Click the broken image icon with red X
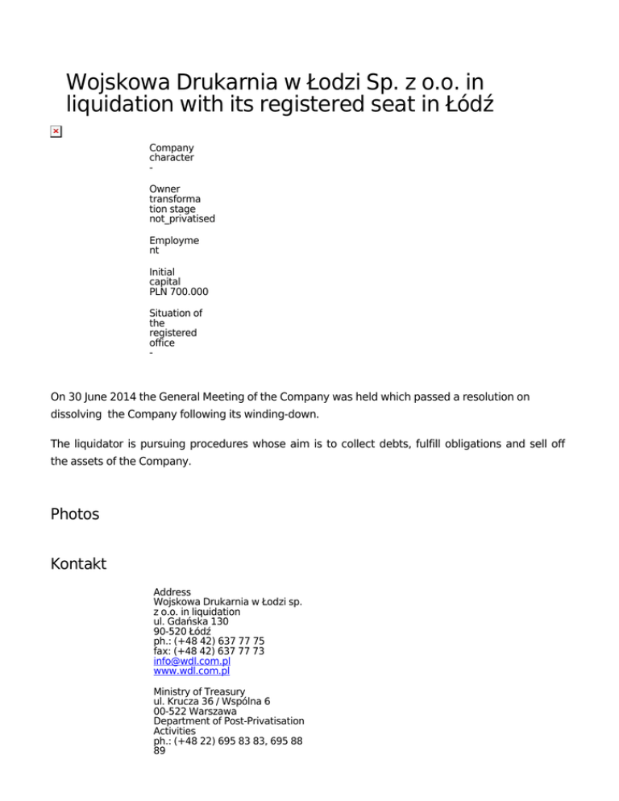tap(55, 131)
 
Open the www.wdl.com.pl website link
tap(192, 670)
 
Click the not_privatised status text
tap(182, 218)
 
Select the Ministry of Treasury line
tap(199, 691)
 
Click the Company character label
tap(171, 152)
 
